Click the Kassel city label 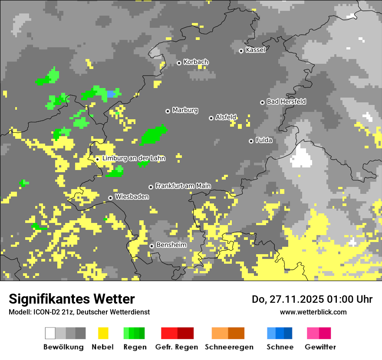tap(255, 50)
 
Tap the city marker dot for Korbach tap(179, 63)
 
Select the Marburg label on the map tap(185, 110)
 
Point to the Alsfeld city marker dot tap(211, 118)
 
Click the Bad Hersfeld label tap(286, 101)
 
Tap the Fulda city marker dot tap(251, 141)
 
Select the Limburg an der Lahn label tap(134, 158)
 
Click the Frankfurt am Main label tap(183, 186)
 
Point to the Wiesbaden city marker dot tap(111, 198)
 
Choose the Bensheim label tap(171, 245)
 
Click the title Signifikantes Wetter tap(72, 299)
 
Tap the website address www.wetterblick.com tap(313, 312)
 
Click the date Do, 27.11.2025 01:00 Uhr tap(312, 299)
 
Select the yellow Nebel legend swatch tap(103, 333)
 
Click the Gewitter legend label tap(320, 347)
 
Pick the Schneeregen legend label tap(229, 347)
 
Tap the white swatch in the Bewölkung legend tap(50, 333)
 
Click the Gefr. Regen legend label tap(177, 347)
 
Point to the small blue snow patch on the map tap(112, 94)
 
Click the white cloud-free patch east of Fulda tap(302, 157)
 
